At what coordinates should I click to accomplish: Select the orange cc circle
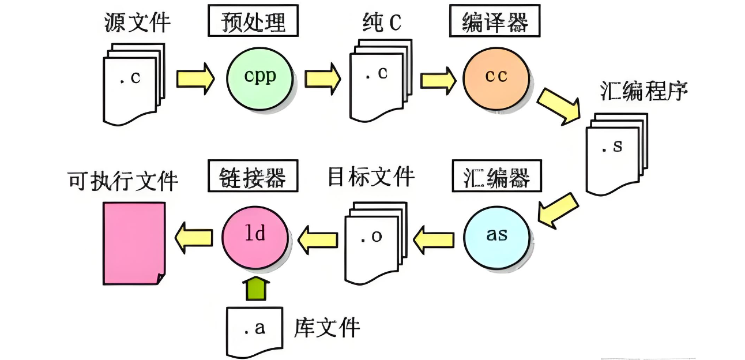(495, 77)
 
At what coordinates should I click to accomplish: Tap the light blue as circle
(496, 236)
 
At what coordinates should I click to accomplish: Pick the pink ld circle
(254, 235)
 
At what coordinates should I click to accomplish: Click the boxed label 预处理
(253, 23)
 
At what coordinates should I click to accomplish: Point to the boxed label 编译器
(495, 23)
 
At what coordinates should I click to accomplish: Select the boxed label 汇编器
(496, 177)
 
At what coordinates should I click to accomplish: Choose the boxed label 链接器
(253, 177)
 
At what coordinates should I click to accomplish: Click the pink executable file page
(134, 242)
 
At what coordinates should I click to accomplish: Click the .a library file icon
(254, 330)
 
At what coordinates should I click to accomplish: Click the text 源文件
(137, 23)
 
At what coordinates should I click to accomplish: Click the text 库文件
(326, 328)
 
